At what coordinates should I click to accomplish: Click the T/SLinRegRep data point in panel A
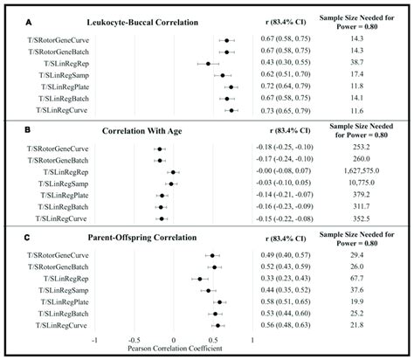(208, 65)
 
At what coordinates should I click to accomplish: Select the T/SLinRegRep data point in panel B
(173, 173)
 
